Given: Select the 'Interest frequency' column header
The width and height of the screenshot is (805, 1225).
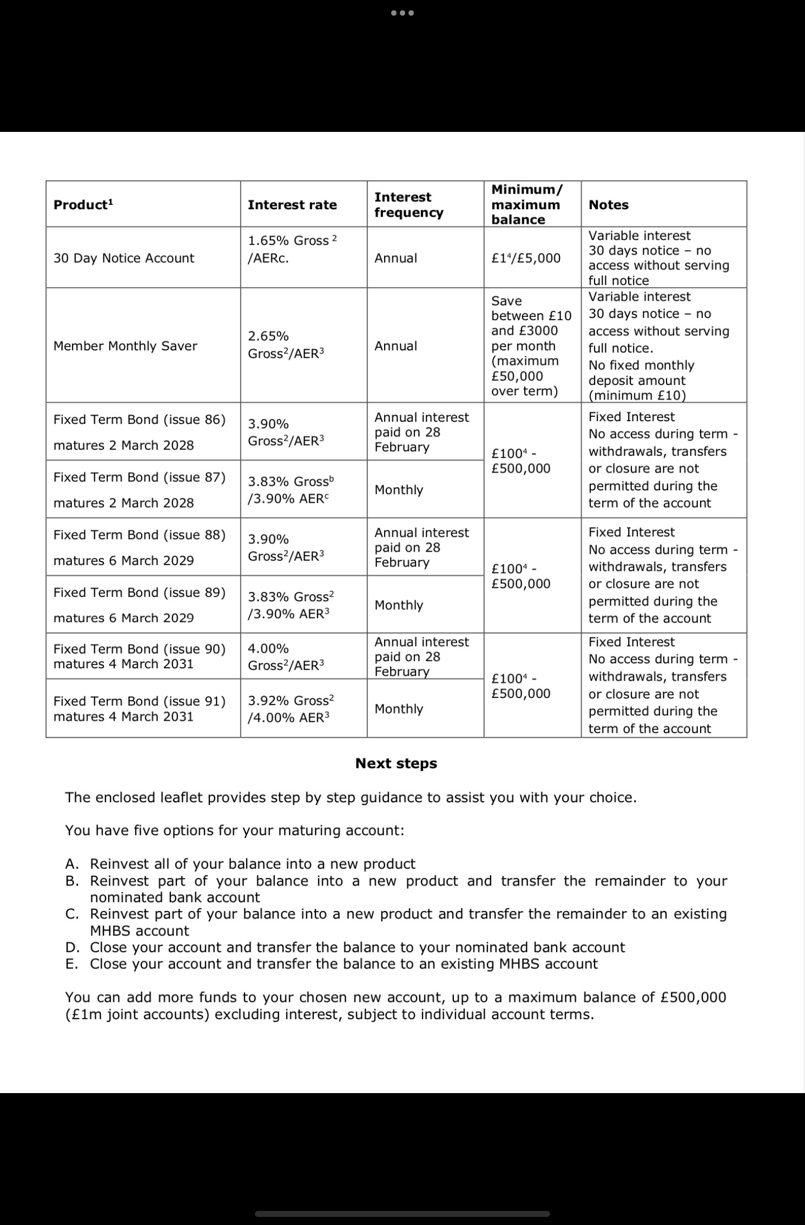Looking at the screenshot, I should [408, 205].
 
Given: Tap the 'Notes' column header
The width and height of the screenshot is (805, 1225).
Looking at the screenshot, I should [609, 205].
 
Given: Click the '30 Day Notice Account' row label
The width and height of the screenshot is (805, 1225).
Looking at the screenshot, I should [123, 258].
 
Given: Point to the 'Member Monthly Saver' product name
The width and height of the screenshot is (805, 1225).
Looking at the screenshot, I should [125, 346].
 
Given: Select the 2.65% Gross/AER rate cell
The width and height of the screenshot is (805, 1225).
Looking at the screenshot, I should [286, 345].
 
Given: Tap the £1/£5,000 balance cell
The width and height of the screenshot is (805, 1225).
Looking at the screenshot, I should [526, 258].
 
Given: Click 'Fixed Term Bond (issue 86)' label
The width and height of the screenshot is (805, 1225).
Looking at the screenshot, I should [139, 420].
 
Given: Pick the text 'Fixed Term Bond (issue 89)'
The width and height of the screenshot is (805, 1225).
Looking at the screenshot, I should [139, 593].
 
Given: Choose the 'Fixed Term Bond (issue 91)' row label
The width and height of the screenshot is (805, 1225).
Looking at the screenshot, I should [139, 702].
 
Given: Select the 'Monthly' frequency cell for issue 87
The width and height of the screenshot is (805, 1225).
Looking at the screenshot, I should [399, 490].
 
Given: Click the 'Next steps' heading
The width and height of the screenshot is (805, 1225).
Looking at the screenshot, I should [396, 764].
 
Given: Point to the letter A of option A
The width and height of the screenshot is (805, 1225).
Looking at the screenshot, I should [71, 864].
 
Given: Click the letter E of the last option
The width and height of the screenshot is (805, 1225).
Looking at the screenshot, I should [71, 964].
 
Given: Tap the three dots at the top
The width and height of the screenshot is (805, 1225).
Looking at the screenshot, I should [402, 13].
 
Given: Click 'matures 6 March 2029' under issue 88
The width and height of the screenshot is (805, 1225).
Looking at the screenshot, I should [123, 561].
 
